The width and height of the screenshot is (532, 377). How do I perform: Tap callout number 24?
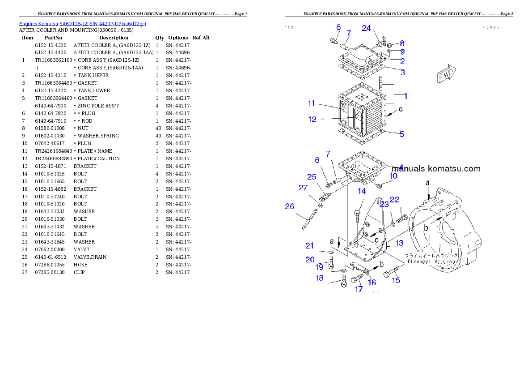[366, 28]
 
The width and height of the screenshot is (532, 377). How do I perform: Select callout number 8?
[402, 43]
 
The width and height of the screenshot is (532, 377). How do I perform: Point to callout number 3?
[402, 72]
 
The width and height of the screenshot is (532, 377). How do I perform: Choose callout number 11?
[311, 104]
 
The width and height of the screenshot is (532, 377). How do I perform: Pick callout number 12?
[312, 120]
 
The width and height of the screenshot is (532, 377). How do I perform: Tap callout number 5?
[402, 134]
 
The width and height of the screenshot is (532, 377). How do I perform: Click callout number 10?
[393, 176]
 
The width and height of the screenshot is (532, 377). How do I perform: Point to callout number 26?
[290, 206]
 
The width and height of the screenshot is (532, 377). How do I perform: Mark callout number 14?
[362, 191]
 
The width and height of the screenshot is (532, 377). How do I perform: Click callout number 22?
[394, 200]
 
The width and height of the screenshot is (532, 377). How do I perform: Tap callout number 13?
[399, 243]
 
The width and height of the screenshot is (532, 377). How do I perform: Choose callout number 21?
[309, 245]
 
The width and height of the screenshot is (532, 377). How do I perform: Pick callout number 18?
[319, 278]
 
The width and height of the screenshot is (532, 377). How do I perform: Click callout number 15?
[396, 281]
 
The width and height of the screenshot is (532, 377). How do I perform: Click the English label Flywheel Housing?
[431, 261]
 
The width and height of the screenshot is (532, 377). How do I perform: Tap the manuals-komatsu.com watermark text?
[436, 169]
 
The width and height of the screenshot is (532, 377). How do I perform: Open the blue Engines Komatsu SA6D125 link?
[82, 24]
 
